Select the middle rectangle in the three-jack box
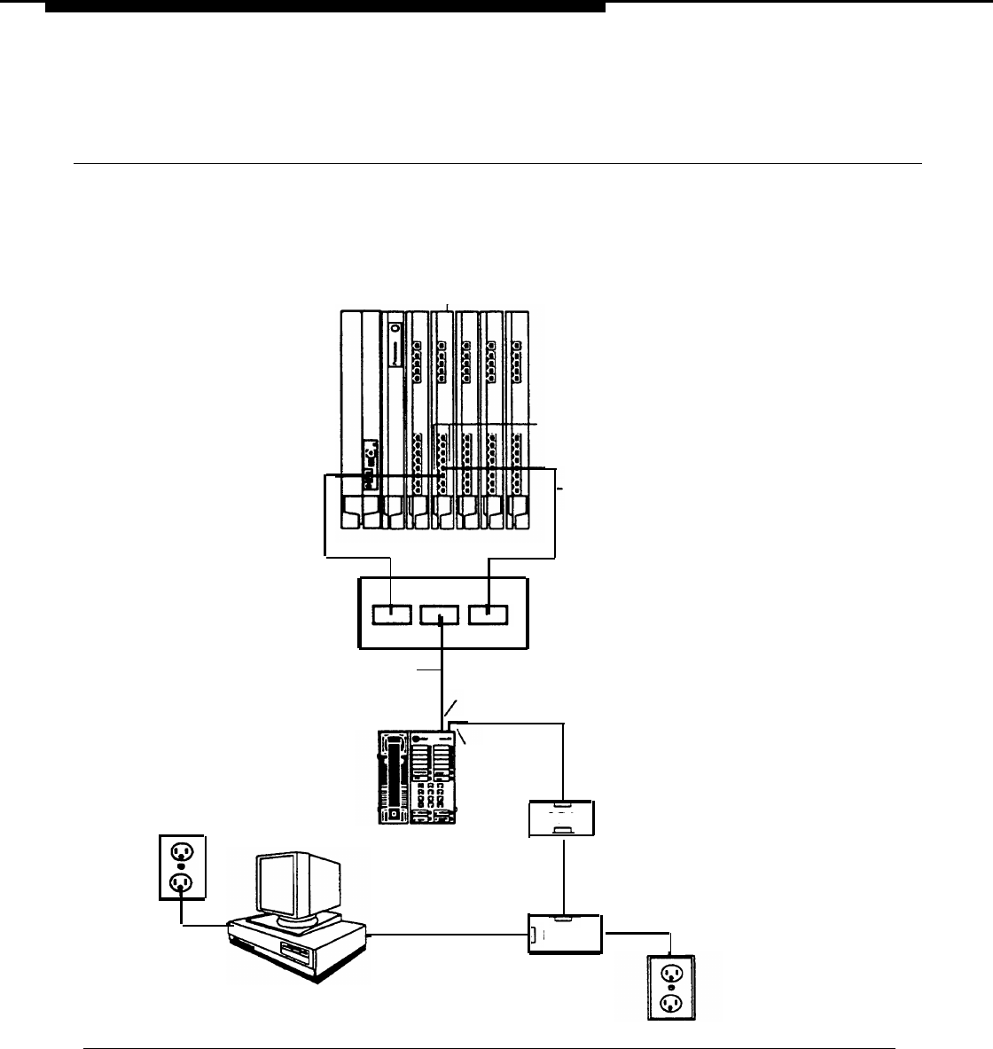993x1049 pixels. pos(440,614)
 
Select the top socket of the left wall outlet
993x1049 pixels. pos(182,850)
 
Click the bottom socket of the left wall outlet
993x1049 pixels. pos(182,882)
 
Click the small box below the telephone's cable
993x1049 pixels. pos(560,818)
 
